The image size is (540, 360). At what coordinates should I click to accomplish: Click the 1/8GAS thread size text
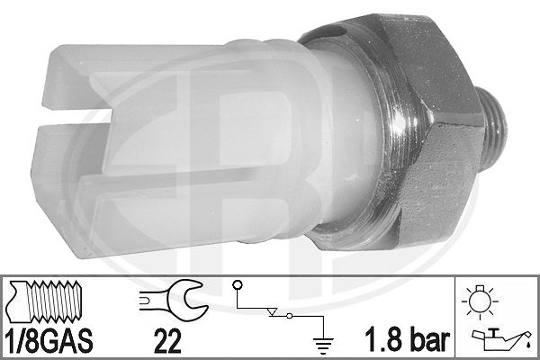(49, 340)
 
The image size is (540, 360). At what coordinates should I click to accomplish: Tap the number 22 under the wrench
(167, 341)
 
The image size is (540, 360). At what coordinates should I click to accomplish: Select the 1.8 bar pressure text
(407, 339)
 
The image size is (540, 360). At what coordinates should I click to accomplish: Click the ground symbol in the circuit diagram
(323, 346)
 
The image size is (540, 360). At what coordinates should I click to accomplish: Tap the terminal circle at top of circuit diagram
(238, 285)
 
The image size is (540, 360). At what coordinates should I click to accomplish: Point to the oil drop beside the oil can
(528, 344)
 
